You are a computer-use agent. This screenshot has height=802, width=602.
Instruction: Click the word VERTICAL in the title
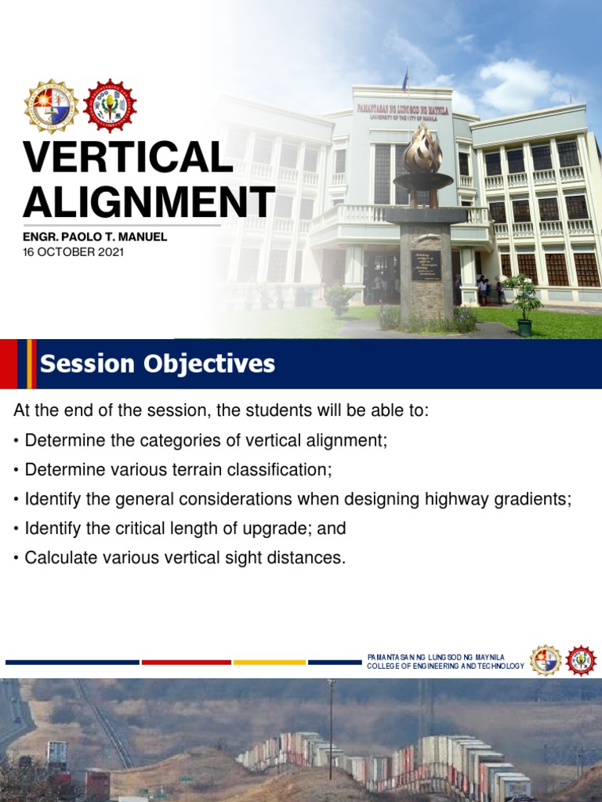(128, 157)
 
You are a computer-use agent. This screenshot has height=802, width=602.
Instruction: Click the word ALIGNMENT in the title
(148, 202)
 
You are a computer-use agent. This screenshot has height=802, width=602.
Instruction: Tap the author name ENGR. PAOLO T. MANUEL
(95, 237)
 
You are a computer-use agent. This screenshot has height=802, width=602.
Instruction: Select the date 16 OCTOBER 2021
(73, 252)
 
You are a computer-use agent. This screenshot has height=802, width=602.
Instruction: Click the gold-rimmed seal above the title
(51, 107)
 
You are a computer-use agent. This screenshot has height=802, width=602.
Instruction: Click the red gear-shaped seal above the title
(110, 107)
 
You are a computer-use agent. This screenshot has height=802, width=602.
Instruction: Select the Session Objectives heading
(158, 364)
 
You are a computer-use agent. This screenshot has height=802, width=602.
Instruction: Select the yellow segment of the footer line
(269, 663)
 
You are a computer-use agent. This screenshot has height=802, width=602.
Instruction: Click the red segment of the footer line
(186, 663)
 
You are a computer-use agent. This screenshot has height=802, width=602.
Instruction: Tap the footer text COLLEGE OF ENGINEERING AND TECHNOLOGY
(444, 667)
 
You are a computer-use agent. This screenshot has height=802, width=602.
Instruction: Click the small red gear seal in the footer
(581, 660)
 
